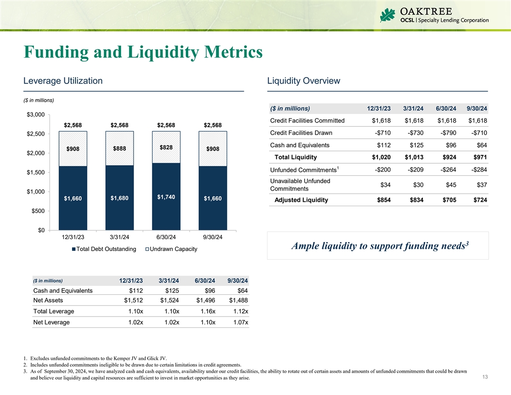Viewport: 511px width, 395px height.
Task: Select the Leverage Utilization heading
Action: pos(63,81)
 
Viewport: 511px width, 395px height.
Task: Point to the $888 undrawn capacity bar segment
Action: pos(120,149)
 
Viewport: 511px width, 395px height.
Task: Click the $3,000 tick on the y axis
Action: pos(32,114)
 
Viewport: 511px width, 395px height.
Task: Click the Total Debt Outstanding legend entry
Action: pos(103,249)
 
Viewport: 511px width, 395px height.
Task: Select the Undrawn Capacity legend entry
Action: pos(171,249)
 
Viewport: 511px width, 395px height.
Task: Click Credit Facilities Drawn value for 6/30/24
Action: pos(446,133)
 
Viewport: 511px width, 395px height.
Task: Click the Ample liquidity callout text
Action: pos(379,246)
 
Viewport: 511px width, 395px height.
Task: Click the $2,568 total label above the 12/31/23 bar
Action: pos(73,125)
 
